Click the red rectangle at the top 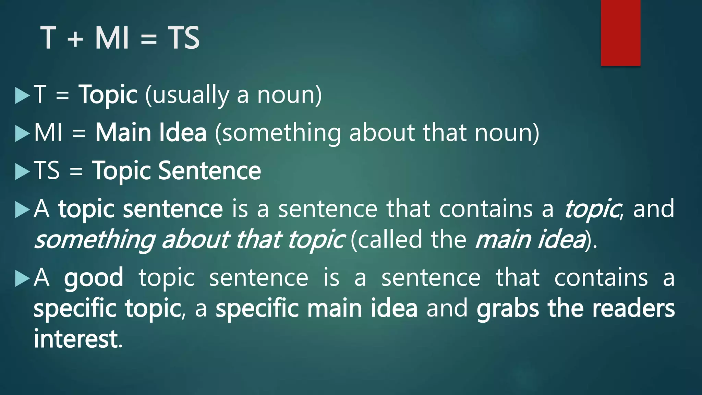[620, 33]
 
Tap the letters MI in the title [112, 38]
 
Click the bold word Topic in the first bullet [108, 95]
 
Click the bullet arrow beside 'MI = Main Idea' [23, 133]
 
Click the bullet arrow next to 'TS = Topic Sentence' [23, 171]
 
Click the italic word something [95, 240]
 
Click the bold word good [94, 278]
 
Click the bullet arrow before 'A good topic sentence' [23, 278]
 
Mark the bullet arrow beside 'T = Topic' [23, 95]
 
